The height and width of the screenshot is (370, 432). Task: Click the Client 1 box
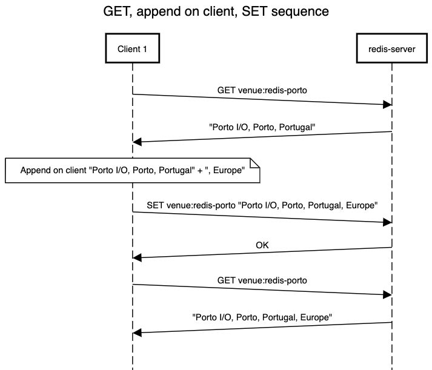pyautogui.click(x=132, y=49)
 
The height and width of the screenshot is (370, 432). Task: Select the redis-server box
pyautogui.click(x=392, y=49)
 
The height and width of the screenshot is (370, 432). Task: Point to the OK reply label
pyautogui.click(x=262, y=245)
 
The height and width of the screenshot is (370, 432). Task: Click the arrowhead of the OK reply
pyautogui.click(x=137, y=257)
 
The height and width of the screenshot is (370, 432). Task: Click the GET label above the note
pyautogui.click(x=262, y=90)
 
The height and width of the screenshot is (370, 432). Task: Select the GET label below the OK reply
pyautogui.click(x=262, y=280)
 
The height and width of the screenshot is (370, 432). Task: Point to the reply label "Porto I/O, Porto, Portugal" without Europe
pyautogui.click(x=262, y=128)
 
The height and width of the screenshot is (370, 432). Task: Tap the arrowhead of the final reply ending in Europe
pyautogui.click(x=137, y=332)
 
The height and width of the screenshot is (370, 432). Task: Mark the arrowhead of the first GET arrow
pyautogui.click(x=387, y=104)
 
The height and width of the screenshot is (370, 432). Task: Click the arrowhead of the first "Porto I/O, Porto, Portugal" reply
pyautogui.click(x=137, y=142)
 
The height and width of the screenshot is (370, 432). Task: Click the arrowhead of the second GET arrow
pyautogui.click(x=387, y=295)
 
